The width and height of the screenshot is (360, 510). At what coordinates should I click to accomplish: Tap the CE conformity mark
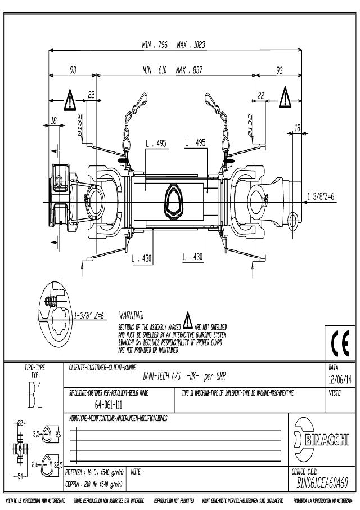click(x=340, y=342)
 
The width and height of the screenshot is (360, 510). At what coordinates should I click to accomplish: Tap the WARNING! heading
click(x=132, y=314)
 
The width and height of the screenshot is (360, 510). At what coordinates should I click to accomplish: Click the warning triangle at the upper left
click(x=69, y=100)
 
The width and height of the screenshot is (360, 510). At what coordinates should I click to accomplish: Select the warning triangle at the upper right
click(x=285, y=97)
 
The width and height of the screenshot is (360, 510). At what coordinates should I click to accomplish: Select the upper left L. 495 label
click(x=156, y=144)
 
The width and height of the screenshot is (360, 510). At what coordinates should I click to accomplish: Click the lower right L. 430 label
click(x=193, y=257)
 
